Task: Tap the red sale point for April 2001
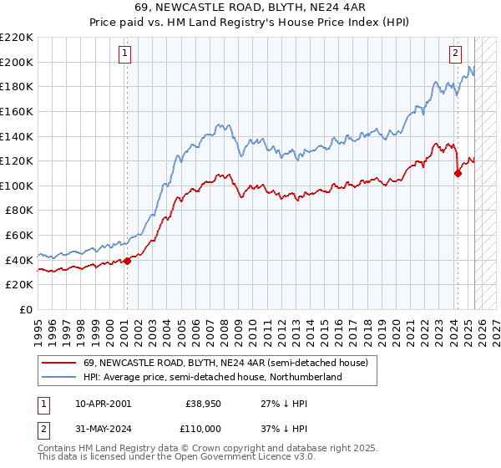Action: [x=127, y=262]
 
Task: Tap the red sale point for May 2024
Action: [x=458, y=174]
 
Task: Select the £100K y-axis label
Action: [x=18, y=186]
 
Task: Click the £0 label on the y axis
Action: [x=27, y=309]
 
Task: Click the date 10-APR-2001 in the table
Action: [x=103, y=403]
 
